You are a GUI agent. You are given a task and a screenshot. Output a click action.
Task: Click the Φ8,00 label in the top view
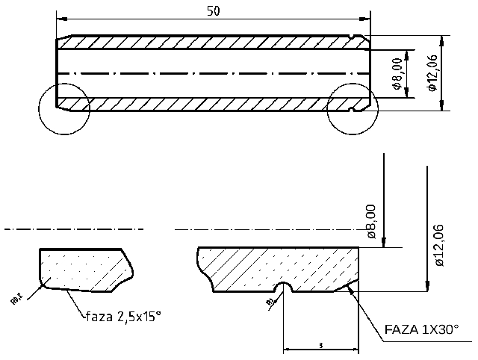[397, 73]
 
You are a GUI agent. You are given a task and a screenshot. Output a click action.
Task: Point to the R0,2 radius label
[16, 299]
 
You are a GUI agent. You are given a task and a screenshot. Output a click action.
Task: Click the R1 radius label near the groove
[270, 301]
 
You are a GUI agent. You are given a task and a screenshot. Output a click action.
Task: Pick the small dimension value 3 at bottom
[320, 346]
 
